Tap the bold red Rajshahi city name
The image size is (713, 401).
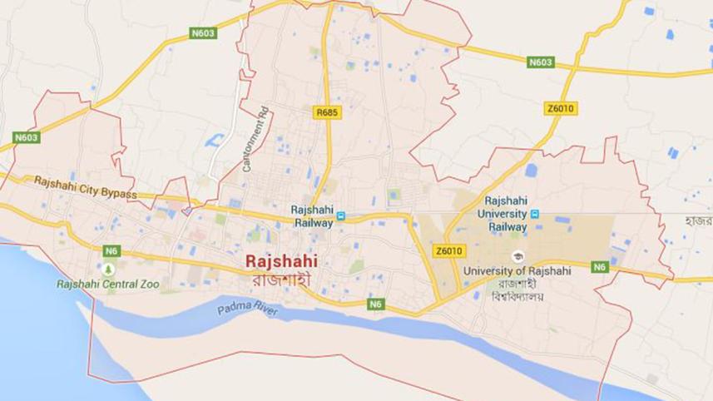(x=281, y=261)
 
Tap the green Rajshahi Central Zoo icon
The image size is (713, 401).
(x=107, y=269)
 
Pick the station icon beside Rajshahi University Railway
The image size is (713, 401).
(x=534, y=213)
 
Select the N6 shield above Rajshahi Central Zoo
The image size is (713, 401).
(x=111, y=250)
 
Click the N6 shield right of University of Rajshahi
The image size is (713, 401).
(x=600, y=267)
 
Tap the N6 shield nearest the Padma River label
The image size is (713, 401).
(x=377, y=305)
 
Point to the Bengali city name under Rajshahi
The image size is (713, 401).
(x=280, y=280)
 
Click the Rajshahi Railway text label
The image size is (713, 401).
(x=312, y=216)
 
